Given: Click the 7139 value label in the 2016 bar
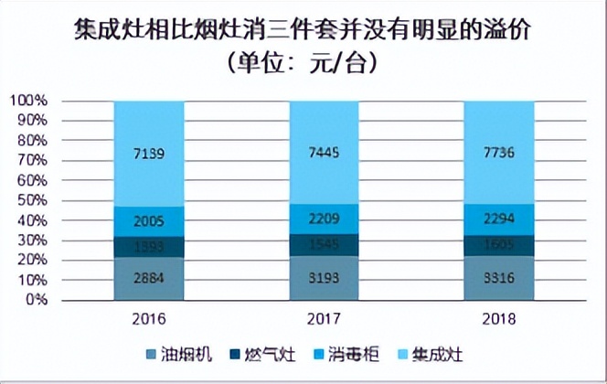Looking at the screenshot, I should pos(149,155).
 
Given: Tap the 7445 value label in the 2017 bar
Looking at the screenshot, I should pos(325,155).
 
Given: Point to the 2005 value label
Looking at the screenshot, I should pos(149,221).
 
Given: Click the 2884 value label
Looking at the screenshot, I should pos(149,278).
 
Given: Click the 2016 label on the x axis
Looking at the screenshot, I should pos(149,320).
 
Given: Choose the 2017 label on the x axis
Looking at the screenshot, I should pos(325,320).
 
